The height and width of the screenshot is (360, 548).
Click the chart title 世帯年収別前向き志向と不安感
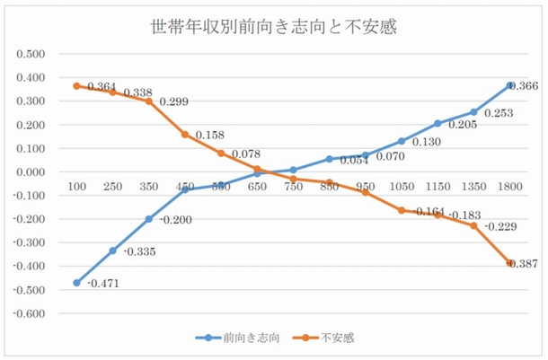pyautogui.click(x=274, y=28)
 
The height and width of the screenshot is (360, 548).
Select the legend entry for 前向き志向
pyautogui.click(x=238, y=338)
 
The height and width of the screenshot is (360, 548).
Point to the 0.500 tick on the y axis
pyautogui.click(x=30, y=54)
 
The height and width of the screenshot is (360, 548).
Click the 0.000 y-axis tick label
pyautogui.click(x=30, y=171)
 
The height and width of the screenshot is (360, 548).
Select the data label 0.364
pyautogui.click(x=101, y=86)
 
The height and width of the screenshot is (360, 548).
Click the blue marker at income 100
pyautogui.click(x=76, y=283)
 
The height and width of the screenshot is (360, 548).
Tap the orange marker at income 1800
pyautogui.click(x=509, y=263)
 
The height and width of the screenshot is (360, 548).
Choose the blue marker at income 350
pyautogui.click(x=148, y=219)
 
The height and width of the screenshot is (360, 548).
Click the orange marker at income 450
pyautogui.click(x=184, y=135)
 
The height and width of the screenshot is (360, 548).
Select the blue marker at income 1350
pyautogui.click(x=473, y=112)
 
